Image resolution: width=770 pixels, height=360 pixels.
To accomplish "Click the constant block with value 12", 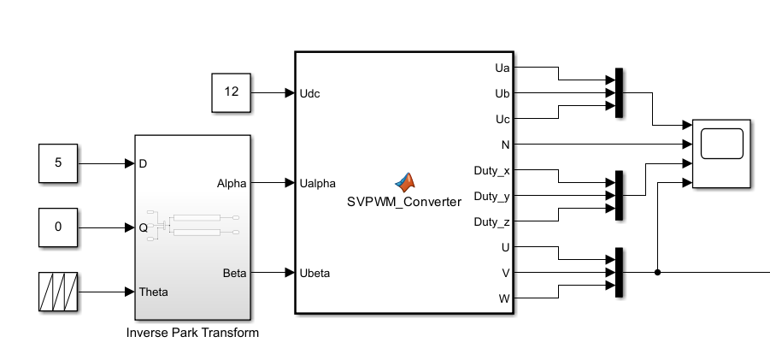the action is tap(231, 93).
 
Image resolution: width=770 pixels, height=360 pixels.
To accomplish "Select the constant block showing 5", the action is tap(58, 163).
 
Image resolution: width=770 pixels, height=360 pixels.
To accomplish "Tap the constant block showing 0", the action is tap(58, 227).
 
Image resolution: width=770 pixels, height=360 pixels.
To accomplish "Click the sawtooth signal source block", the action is tap(58, 292).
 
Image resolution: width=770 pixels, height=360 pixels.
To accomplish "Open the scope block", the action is tap(721, 153).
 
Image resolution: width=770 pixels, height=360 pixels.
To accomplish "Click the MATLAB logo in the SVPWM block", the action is tap(405, 182).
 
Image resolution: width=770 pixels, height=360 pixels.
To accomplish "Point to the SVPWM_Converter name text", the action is tap(404, 202).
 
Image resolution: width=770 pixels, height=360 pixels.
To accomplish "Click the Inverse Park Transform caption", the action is tap(192, 333).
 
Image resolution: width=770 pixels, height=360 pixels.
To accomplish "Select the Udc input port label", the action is tap(310, 93).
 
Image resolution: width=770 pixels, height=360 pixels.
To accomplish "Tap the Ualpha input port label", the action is tap(318, 183).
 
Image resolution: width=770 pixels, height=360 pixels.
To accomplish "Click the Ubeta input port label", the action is tap(314, 273).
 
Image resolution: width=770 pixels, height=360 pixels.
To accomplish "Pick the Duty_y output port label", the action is tap(491, 197).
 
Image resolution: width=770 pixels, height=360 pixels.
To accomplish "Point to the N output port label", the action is tap(505, 145).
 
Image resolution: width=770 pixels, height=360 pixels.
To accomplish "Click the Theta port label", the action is tap(153, 292).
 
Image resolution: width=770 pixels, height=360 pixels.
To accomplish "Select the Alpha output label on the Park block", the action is tap(232, 184).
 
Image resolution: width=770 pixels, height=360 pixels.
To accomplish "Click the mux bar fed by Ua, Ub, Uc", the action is tap(620, 93).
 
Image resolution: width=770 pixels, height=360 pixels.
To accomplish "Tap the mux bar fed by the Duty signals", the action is tap(620, 196).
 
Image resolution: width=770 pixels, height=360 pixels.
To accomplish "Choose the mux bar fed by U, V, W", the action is tap(620, 272).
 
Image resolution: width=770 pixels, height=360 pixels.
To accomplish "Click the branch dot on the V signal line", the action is tap(657, 272).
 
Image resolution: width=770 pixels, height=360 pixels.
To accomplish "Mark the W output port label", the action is tap(504, 298).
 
